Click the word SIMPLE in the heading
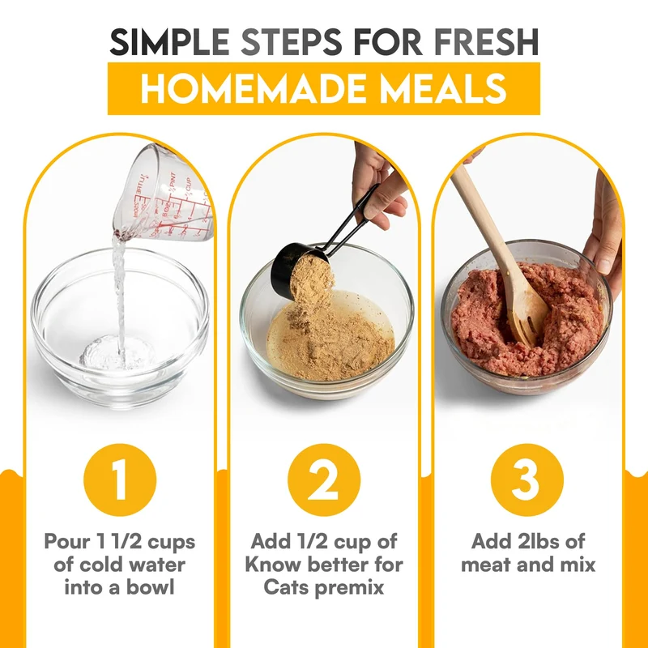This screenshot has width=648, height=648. (x=170, y=42)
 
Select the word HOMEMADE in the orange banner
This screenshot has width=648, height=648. (x=253, y=88)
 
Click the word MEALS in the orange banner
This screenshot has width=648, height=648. (x=443, y=88)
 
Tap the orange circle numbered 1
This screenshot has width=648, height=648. (x=120, y=480)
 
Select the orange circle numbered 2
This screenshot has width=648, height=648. (x=323, y=480)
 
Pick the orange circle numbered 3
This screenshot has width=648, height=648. (x=527, y=480)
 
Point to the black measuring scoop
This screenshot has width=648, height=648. (x=314, y=248)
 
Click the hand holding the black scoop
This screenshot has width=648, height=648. (x=378, y=186)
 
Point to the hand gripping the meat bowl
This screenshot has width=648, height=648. (x=603, y=236)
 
